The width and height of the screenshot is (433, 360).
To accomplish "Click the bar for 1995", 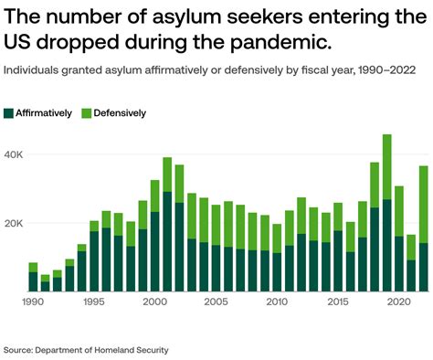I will [x=94, y=256].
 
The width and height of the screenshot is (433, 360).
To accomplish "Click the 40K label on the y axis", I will [x=16, y=155].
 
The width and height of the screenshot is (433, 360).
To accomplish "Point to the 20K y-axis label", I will [x=16, y=224].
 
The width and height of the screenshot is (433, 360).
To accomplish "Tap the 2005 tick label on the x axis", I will [x=216, y=302].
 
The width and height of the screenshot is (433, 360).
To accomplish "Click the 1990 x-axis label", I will [x=33, y=302].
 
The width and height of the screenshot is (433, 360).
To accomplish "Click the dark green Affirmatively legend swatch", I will [x=10, y=113].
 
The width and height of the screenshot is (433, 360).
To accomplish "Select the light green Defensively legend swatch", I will [x=87, y=113].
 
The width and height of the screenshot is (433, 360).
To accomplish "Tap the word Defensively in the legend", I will [x=120, y=113].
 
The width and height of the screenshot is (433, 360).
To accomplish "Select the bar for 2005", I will [x=216, y=248].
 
